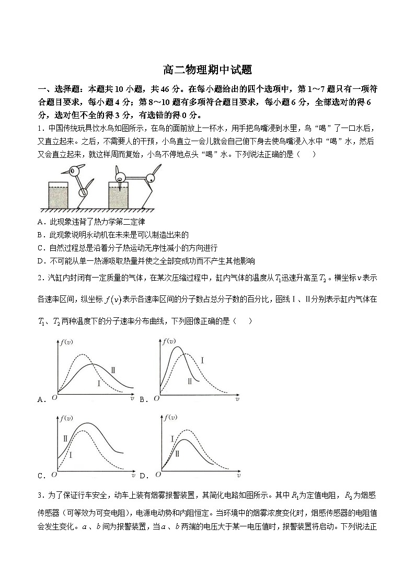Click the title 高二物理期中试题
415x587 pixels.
[208, 70]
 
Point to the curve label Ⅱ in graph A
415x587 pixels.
[112, 370]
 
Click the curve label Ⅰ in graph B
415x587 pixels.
[202, 360]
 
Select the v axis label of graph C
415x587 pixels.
[133, 476]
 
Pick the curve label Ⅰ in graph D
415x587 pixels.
[172, 439]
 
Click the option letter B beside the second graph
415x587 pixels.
[142, 400]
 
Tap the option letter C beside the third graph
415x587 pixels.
[41, 476]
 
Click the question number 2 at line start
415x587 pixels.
[40, 278]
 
